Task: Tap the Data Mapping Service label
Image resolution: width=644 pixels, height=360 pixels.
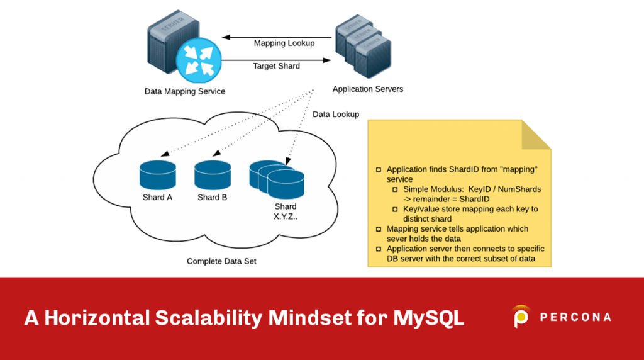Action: tap(184, 91)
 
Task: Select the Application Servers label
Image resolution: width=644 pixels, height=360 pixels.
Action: tap(368, 89)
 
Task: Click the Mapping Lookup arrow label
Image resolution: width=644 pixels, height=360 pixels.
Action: tap(284, 43)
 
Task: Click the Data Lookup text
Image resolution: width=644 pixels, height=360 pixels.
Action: tap(336, 115)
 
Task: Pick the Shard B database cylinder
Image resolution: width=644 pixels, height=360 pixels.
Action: tap(213, 176)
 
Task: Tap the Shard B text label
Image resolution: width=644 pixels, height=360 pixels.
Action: tap(213, 198)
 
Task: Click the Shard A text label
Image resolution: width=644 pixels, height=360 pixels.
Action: tap(158, 198)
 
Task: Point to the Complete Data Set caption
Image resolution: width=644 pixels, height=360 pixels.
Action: tap(221, 261)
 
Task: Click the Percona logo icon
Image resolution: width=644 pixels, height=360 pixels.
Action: tap(521, 317)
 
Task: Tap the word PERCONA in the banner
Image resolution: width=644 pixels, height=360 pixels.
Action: tap(575, 317)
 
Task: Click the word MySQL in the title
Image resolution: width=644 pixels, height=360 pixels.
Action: tap(428, 318)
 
